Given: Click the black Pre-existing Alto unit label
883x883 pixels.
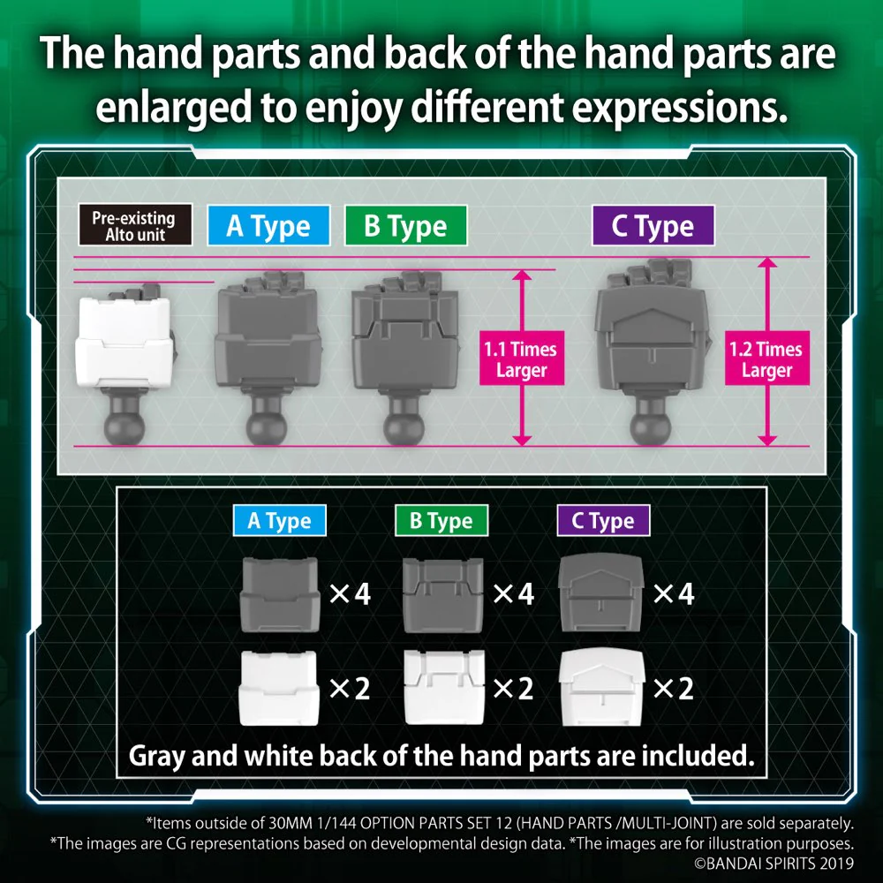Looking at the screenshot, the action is [x=135, y=224].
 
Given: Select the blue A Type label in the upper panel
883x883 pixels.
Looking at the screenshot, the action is [x=268, y=225].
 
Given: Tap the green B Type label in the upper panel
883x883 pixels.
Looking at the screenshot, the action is [x=405, y=225].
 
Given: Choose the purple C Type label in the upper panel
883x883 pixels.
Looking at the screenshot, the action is [x=653, y=225].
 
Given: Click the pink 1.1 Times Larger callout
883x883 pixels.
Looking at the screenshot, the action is [x=522, y=358].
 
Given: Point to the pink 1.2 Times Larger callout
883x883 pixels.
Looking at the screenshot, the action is [x=767, y=358].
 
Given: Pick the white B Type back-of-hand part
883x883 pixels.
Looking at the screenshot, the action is [x=444, y=687].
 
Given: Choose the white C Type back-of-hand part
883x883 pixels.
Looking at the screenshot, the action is [x=600, y=687].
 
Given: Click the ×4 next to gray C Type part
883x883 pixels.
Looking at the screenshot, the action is [x=674, y=593].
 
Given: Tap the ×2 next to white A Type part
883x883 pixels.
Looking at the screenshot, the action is [x=349, y=688].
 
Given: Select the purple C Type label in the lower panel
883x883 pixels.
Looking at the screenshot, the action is [x=603, y=520].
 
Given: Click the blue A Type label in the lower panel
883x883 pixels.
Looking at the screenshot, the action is [x=279, y=520].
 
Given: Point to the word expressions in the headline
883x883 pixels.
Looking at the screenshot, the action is [x=679, y=108].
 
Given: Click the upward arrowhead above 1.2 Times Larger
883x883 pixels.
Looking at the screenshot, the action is [x=767, y=262].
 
